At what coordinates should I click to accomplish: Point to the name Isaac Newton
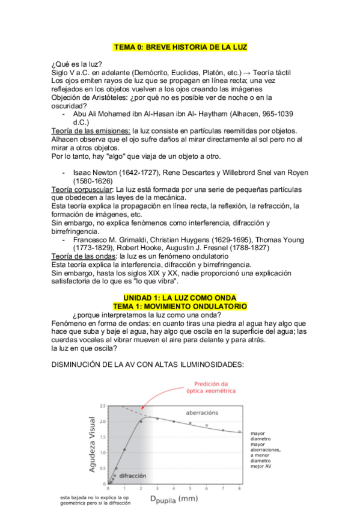tap(98, 173)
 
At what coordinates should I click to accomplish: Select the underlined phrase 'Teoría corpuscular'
tap(82, 189)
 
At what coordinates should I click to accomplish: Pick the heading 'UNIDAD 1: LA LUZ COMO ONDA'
tap(180, 298)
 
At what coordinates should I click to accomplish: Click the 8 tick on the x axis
tap(240, 489)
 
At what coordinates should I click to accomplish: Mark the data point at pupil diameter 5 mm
tap(190, 423)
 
